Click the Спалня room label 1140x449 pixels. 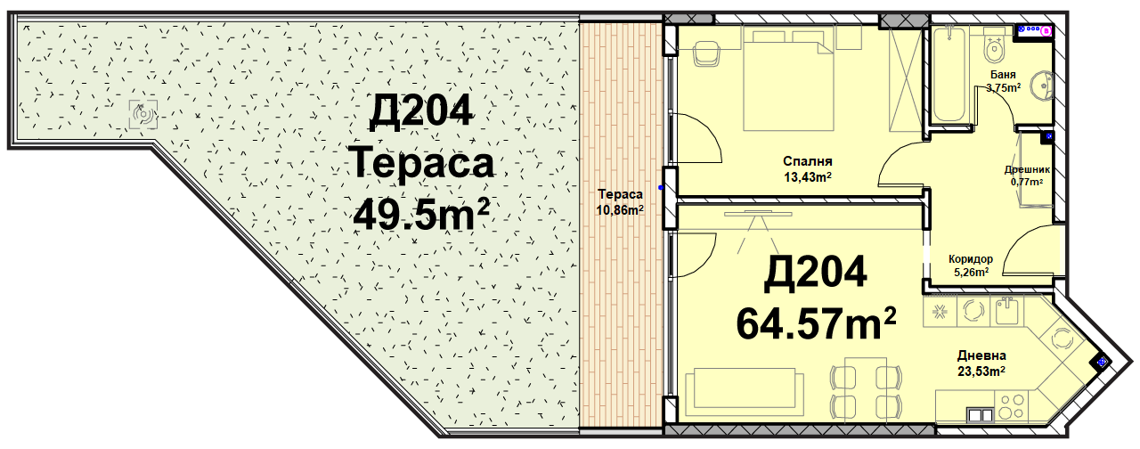point(807,161)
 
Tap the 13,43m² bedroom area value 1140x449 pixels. point(808,177)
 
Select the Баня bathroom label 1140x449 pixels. point(1002,75)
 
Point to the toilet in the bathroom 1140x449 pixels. point(992,47)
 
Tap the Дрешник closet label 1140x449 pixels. point(1027,169)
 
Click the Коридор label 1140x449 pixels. point(970,259)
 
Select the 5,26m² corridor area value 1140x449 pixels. point(971,273)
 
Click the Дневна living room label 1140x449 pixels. point(981,355)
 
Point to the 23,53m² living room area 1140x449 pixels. point(981,371)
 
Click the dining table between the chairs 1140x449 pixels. point(865,390)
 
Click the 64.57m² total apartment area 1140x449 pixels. point(816,323)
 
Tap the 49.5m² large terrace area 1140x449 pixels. point(421,216)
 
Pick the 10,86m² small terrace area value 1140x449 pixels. point(620,209)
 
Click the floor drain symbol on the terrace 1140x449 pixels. point(143,115)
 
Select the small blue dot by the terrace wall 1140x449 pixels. point(661,188)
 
